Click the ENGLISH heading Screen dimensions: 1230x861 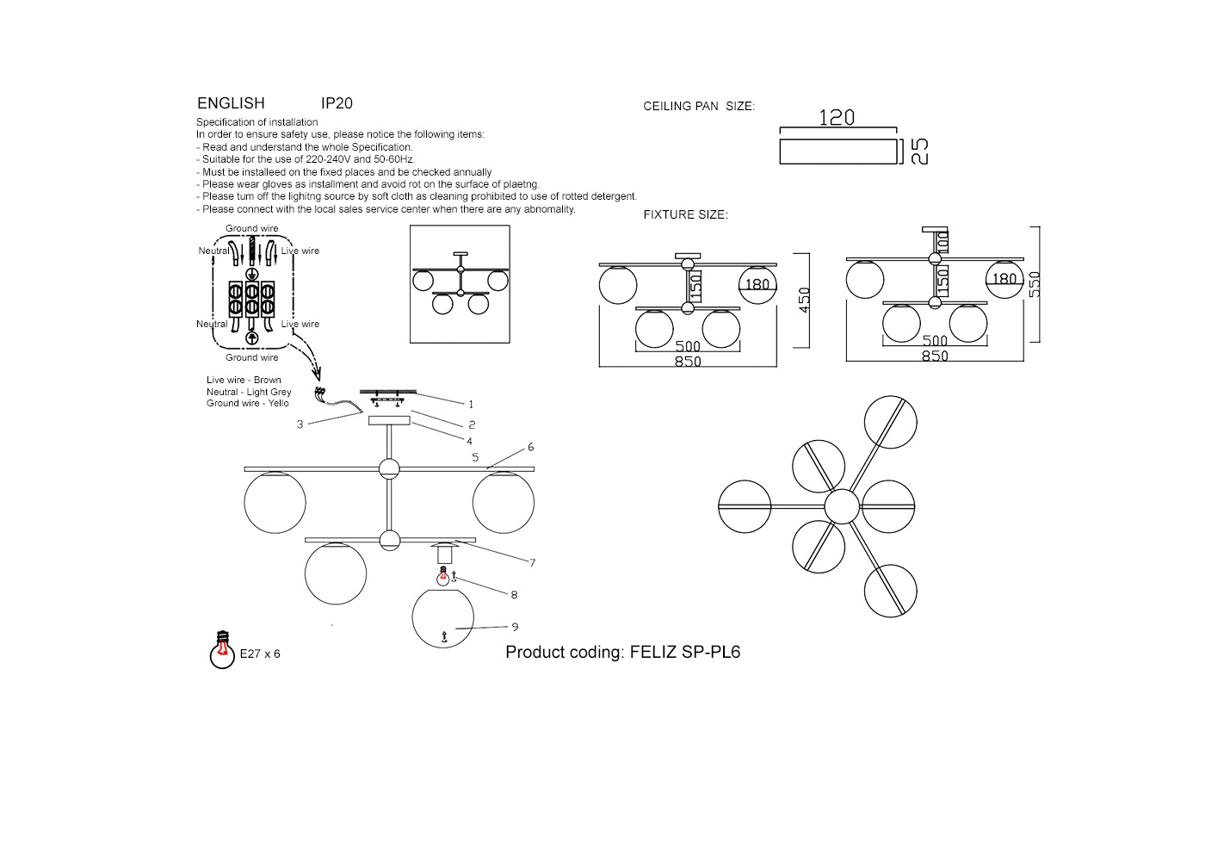(231, 103)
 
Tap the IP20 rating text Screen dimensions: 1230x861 (337, 103)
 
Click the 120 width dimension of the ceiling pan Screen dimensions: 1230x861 (837, 117)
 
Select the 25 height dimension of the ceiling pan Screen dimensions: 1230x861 (919, 151)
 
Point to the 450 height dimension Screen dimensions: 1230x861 (805, 300)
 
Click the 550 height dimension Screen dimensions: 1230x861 (1035, 284)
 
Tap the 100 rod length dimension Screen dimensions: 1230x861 (943, 242)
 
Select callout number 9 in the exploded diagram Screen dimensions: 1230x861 (515, 627)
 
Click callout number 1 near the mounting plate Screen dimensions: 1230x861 (471, 404)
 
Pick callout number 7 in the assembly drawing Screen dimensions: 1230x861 (532, 562)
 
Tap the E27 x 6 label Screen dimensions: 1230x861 (260, 653)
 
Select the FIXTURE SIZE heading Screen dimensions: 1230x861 (686, 214)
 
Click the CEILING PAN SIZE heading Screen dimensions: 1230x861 (699, 107)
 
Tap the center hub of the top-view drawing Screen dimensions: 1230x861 (842, 506)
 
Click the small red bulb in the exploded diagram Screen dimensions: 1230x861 (443, 576)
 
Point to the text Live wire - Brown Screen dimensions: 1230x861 (244, 380)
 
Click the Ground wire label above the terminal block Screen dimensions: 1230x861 (252, 228)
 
